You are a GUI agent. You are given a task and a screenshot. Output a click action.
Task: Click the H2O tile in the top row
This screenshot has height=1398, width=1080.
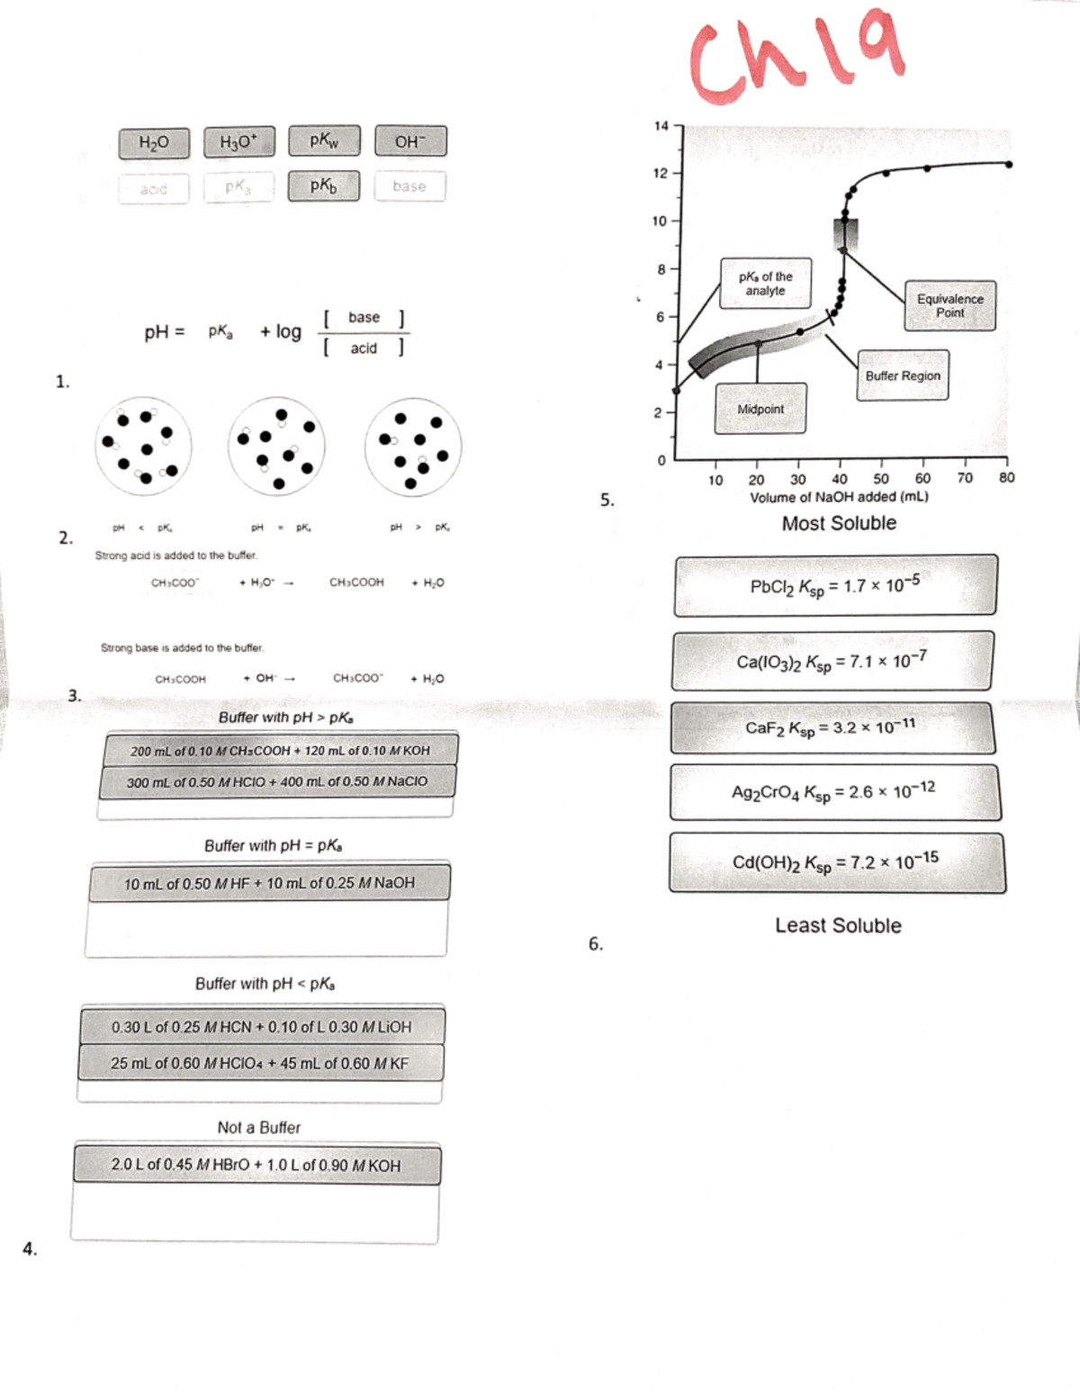154,142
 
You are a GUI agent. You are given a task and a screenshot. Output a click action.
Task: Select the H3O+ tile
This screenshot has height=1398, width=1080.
238,142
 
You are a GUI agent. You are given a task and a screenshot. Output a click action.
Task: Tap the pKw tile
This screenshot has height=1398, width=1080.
324,140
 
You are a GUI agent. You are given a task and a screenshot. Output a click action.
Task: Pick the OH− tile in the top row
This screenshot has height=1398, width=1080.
409,141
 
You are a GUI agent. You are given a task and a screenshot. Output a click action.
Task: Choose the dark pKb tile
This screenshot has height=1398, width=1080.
323,185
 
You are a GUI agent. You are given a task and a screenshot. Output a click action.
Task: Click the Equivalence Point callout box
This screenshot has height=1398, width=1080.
949,305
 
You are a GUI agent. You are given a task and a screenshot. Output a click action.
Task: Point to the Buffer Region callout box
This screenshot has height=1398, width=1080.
902,375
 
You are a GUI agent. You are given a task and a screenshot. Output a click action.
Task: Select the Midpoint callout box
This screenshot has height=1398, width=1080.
760,409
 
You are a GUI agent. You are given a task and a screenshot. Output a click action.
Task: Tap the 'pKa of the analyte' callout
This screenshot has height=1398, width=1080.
765,284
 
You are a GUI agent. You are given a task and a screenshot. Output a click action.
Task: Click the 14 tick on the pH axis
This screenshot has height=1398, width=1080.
661,126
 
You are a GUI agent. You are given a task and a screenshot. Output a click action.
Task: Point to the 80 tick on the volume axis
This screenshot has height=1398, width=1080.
1006,478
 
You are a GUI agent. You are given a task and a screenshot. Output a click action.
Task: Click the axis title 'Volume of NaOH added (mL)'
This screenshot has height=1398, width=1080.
839,497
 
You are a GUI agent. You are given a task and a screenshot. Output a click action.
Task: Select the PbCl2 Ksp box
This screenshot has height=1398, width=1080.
834,586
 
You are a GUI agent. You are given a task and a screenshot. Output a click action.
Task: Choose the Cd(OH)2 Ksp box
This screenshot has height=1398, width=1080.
836,862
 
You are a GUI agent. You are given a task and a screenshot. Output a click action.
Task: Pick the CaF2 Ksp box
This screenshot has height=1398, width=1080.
832,727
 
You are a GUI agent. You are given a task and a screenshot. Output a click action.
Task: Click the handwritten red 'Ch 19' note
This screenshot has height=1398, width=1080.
796,54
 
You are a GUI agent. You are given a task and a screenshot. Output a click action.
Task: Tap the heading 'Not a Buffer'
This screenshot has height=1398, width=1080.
258,1127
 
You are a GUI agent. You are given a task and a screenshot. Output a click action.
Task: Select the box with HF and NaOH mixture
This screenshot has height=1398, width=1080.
269,883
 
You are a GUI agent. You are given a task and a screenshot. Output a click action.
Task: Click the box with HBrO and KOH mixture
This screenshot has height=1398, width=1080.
256,1165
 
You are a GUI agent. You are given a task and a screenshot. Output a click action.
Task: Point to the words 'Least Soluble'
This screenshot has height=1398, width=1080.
838,925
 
